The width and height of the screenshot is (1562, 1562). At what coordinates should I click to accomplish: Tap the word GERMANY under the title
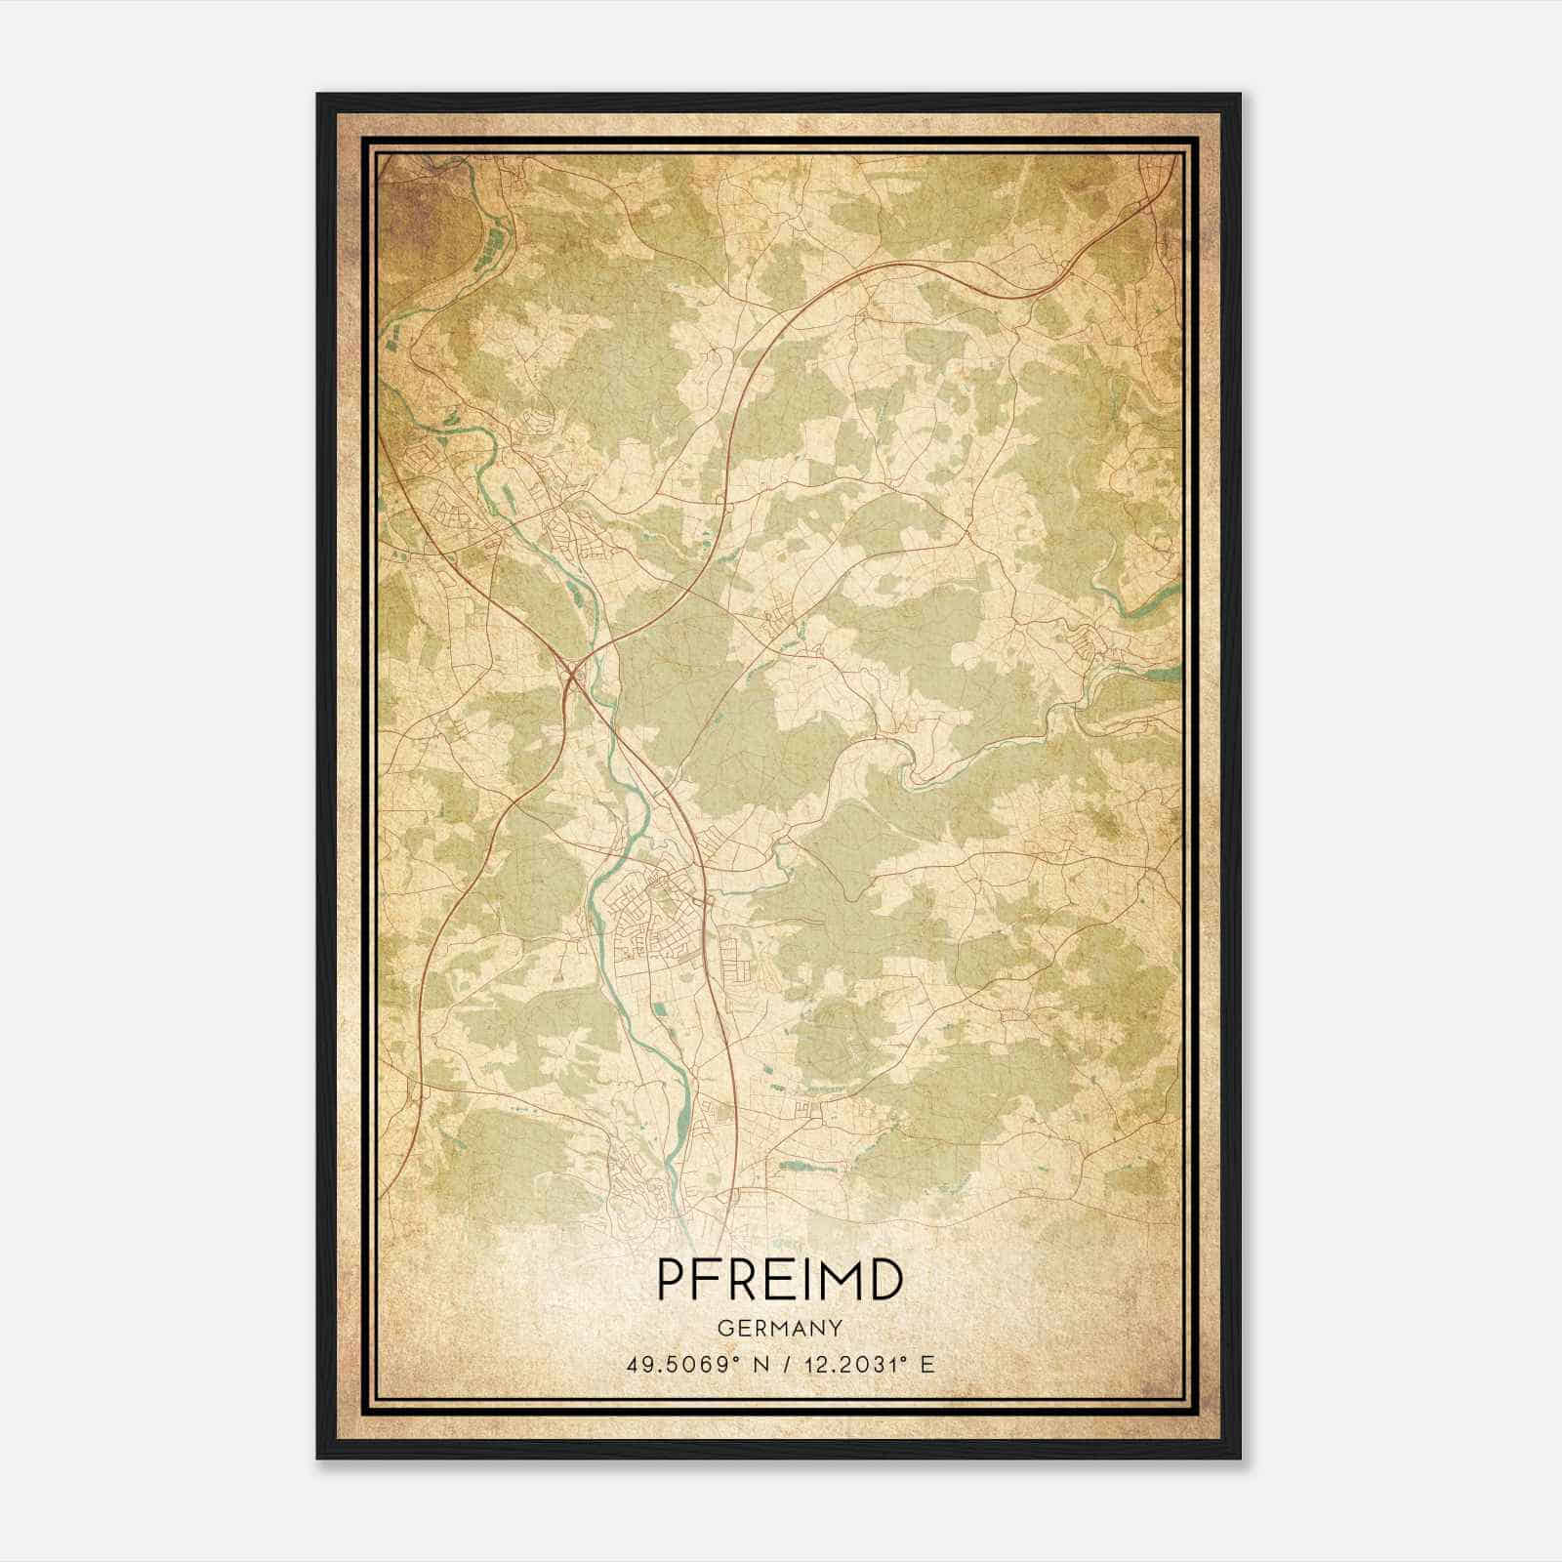(x=779, y=1328)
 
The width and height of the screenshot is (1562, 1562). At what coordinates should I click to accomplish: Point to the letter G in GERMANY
(x=722, y=1328)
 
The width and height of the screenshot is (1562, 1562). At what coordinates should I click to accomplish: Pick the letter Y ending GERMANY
(x=836, y=1328)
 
